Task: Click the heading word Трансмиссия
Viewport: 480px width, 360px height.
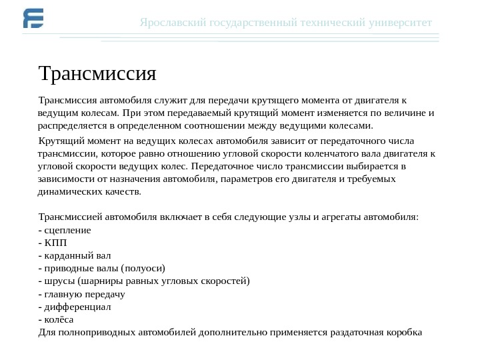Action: point(97,72)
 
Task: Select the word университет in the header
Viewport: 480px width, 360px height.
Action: point(399,23)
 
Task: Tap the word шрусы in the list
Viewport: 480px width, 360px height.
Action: point(59,281)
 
